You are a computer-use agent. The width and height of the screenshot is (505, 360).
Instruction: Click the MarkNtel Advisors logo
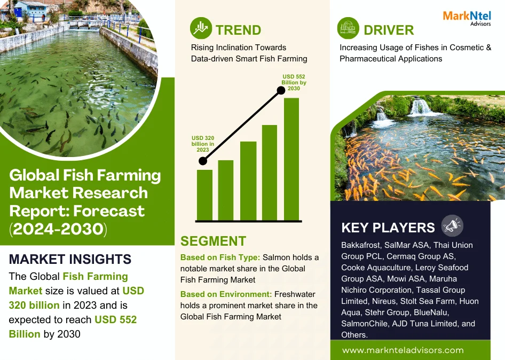point(467,18)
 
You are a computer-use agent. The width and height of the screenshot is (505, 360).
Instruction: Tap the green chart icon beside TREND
point(201,28)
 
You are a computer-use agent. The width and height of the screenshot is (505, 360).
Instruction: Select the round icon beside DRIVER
point(348,28)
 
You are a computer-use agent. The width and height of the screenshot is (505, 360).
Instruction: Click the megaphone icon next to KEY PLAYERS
point(452,225)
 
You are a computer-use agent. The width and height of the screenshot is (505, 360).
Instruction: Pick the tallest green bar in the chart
point(291,159)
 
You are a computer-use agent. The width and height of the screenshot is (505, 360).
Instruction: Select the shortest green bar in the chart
point(204,195)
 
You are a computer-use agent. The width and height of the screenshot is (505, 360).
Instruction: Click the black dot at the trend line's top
point(281,90)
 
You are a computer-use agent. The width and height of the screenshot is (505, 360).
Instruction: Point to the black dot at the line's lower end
point(202,161)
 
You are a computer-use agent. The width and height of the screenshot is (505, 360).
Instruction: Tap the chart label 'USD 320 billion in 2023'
point(203,144)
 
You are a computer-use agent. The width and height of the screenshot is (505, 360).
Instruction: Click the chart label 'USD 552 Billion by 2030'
point(294,82)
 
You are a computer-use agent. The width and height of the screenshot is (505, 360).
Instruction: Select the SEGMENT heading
point(213,241)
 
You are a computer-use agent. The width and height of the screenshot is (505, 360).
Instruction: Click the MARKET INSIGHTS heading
point(70,259)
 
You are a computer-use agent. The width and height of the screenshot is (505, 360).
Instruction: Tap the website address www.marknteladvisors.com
point(403,350)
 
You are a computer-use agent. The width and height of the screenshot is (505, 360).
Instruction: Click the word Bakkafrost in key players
point(361,245)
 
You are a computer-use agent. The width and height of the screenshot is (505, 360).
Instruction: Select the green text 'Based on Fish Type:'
point(220,257)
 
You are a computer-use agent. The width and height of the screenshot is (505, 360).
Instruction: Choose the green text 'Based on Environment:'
point(226,294)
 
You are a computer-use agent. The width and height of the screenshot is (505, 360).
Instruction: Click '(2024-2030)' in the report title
point(58,229)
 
